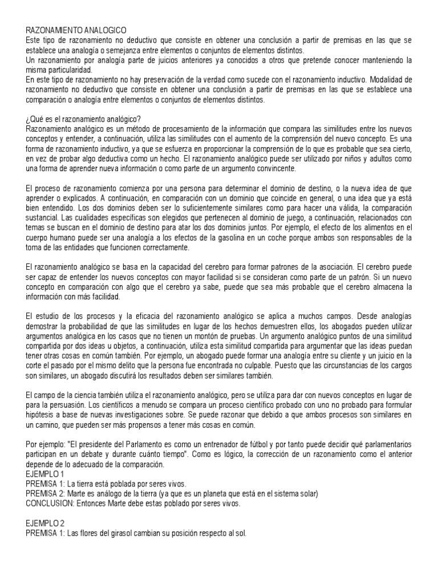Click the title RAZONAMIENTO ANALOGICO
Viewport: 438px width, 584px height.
click(x=76, y=29)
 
